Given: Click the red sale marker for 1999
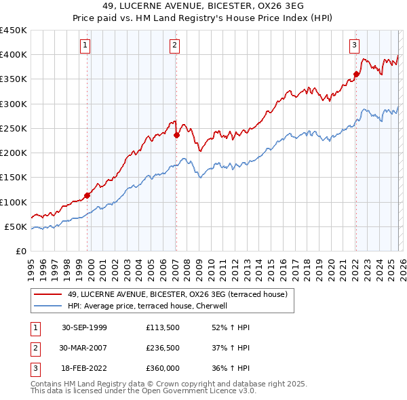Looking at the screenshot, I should [x=88, y=195].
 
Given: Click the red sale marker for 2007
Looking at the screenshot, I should [x=176, y=135].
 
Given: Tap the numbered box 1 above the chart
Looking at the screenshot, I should [x=85, y=45].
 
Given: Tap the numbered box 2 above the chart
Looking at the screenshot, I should [x=174, y=45].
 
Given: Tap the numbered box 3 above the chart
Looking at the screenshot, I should [x=354, y=45].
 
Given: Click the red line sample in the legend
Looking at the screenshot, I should [x=48, y=294].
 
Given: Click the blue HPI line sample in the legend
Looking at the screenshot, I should [x=48, y=306].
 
